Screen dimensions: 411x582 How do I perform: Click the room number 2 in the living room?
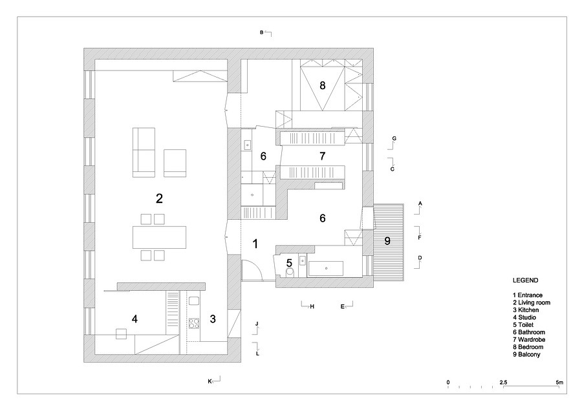coord(158,198)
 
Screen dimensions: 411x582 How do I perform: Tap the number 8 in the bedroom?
coord(321,85)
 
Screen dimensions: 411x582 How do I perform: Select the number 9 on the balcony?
coord(387,242)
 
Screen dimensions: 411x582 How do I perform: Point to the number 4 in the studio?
coord(135,319)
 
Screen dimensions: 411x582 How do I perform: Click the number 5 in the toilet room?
coord(290,262)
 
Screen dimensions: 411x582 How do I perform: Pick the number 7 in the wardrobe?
coord(321,156)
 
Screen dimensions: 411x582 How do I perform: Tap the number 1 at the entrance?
coord(255,244)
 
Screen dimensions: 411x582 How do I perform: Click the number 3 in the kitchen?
coord(213,319)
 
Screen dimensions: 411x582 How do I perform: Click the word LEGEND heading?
coord(525,281)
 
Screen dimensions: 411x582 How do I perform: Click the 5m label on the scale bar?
coord(559,382)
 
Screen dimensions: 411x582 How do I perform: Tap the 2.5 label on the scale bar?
coord(503,382)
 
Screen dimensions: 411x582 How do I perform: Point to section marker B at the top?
coord(262,32)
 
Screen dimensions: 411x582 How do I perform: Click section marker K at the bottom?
coord(210,381)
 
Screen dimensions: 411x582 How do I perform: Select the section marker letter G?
coord(394,139)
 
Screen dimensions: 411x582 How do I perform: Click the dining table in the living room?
coord(159,236)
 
